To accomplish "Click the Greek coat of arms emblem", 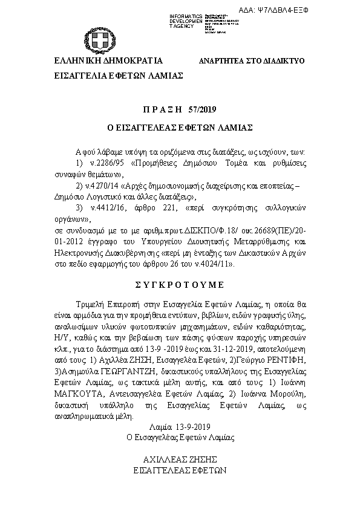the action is coord(98,41).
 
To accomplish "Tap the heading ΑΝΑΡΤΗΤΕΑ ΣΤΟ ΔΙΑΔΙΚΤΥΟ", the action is coord(252,62).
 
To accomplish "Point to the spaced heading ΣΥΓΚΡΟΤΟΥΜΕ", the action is coord(179,284).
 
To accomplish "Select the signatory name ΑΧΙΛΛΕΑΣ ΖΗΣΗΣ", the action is coord(179,459).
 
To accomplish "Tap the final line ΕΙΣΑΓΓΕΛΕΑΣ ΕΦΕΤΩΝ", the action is coord(179,468).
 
